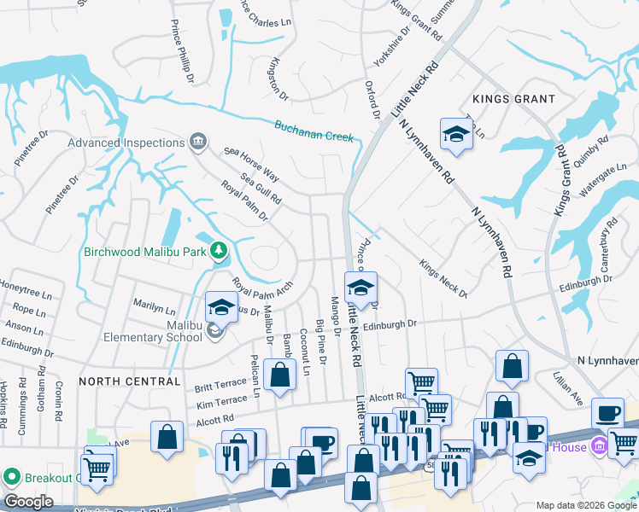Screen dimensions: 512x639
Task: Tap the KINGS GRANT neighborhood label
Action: [513, 100]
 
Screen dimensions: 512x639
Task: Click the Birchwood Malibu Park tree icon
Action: [220, 250]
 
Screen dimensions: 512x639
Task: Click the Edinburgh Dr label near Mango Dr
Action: [389, 325]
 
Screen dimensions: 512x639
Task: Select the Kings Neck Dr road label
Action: [443, 279]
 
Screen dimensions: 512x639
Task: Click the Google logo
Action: [29, 502]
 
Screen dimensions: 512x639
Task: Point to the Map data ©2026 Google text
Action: [586, 505]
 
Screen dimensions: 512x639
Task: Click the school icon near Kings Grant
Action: [456, 134]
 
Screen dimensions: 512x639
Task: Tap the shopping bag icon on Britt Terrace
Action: [280, 374]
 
